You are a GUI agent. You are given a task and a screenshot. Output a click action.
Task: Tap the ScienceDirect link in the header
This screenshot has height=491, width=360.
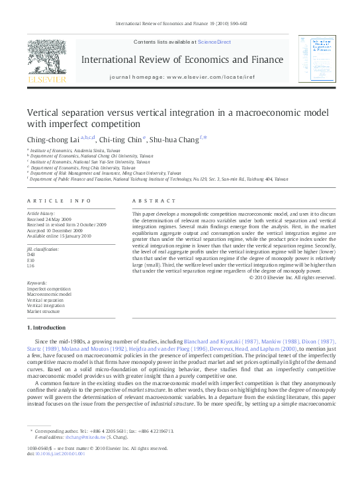[214, 42]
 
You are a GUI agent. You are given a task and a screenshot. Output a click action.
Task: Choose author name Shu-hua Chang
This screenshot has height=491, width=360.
[176, 139]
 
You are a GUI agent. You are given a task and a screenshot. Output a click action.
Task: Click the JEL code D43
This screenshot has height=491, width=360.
[31, 254]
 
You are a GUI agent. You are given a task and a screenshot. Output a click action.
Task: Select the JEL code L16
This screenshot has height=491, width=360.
[30, 265]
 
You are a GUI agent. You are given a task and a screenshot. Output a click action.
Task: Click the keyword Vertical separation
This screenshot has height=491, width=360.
[45, 300]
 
